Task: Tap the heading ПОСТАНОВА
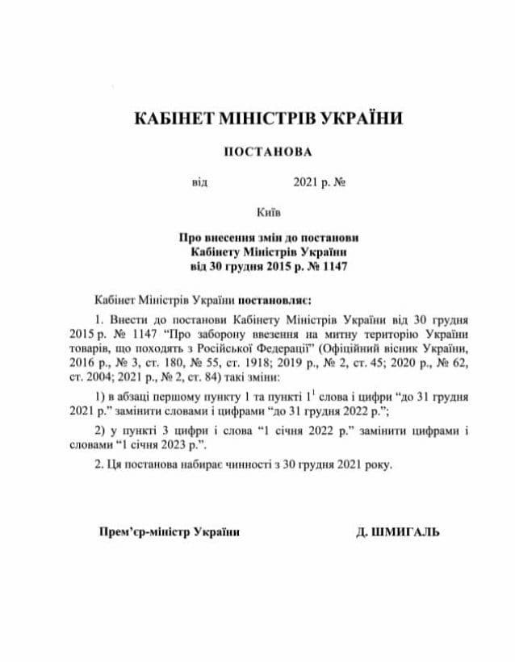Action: click(x=267, y=151)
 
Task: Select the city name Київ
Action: click(x=267, y=213)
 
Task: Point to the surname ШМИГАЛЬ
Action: click(x=408, y=532)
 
